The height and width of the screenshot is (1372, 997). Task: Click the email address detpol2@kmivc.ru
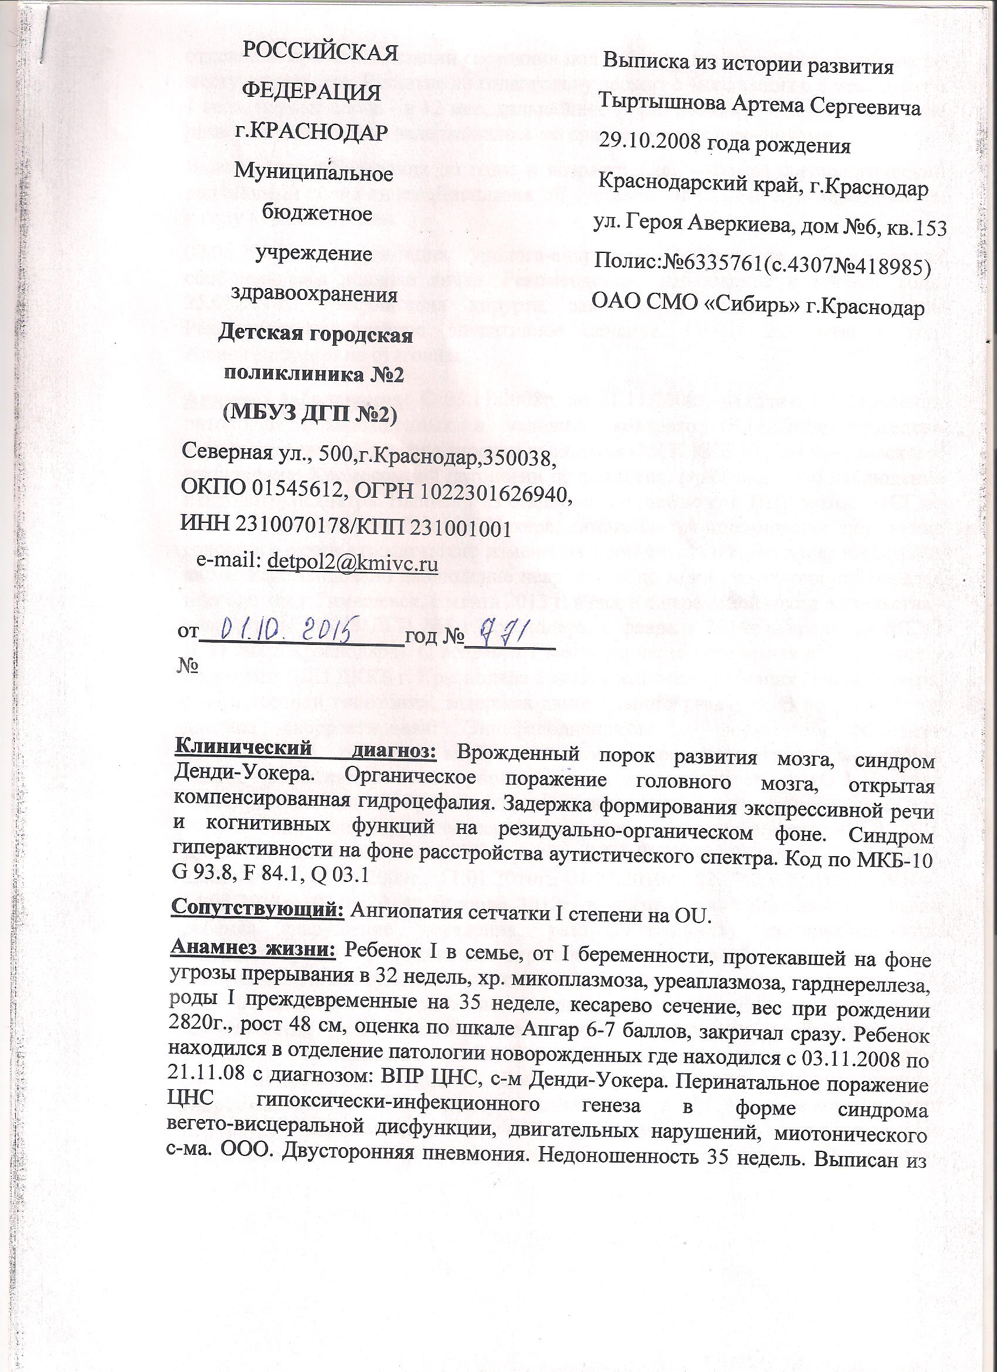[352, 563]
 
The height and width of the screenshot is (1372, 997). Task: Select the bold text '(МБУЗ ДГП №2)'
[309, 414]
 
